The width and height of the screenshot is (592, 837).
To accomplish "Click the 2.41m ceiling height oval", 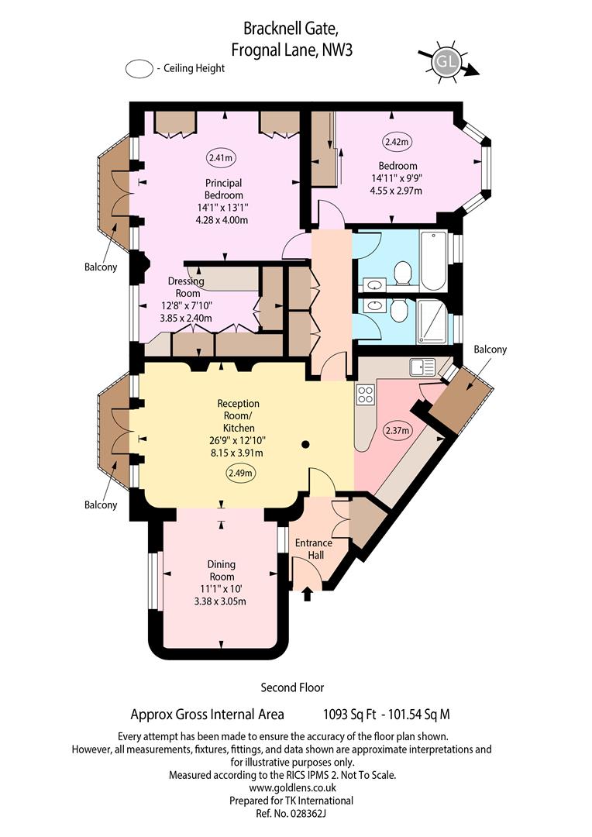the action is [221, 157].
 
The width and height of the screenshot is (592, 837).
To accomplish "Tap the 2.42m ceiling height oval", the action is [398, 142].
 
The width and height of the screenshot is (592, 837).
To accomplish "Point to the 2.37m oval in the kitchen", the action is [398, 430].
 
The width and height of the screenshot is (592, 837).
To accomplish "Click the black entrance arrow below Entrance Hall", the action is [308, 594].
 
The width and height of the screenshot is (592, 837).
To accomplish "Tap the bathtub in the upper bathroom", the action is [433, 260].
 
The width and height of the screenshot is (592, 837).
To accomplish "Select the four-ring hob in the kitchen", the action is [365, 395].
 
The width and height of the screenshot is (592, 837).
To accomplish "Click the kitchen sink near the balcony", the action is [423, 367].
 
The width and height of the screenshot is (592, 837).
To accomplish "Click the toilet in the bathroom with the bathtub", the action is [402, 274].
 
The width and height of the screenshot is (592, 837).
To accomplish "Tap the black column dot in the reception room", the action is [305, 444].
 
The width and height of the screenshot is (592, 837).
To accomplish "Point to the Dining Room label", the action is [222, 570].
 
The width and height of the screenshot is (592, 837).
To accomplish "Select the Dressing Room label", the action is [186, 288].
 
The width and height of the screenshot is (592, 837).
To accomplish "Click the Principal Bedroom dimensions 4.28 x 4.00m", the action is [222, 220].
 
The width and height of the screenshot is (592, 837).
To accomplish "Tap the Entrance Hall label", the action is [314, 549].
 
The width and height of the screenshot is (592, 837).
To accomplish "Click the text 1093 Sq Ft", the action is [349, 715].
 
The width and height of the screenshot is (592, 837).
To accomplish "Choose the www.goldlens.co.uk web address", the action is [293, 787].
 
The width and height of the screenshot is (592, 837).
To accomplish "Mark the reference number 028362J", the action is [308, 814].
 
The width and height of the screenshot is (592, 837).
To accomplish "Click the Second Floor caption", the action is [293, 687].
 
